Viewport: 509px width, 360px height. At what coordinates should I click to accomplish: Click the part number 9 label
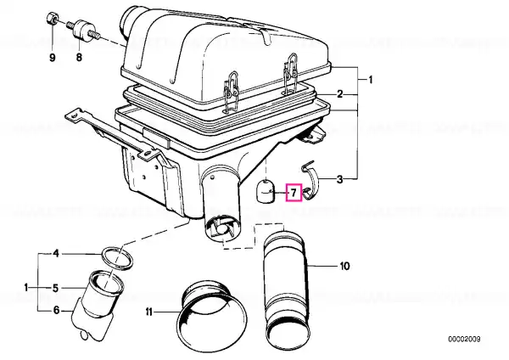pyautogui.click(x=53, y=58)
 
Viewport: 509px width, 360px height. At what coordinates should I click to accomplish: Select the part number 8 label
pyautogui.click(x=79, y=58)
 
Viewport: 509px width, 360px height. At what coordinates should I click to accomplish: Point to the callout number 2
pyautogui.click(x=339, y=94)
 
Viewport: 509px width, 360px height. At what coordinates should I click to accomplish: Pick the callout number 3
pyautogui.click(x=339, y=179)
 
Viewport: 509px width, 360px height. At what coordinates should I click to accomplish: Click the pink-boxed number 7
pyautogui.click(x=294, y=193)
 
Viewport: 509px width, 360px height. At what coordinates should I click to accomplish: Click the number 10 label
pyautogui.click(x=344, y=266)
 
